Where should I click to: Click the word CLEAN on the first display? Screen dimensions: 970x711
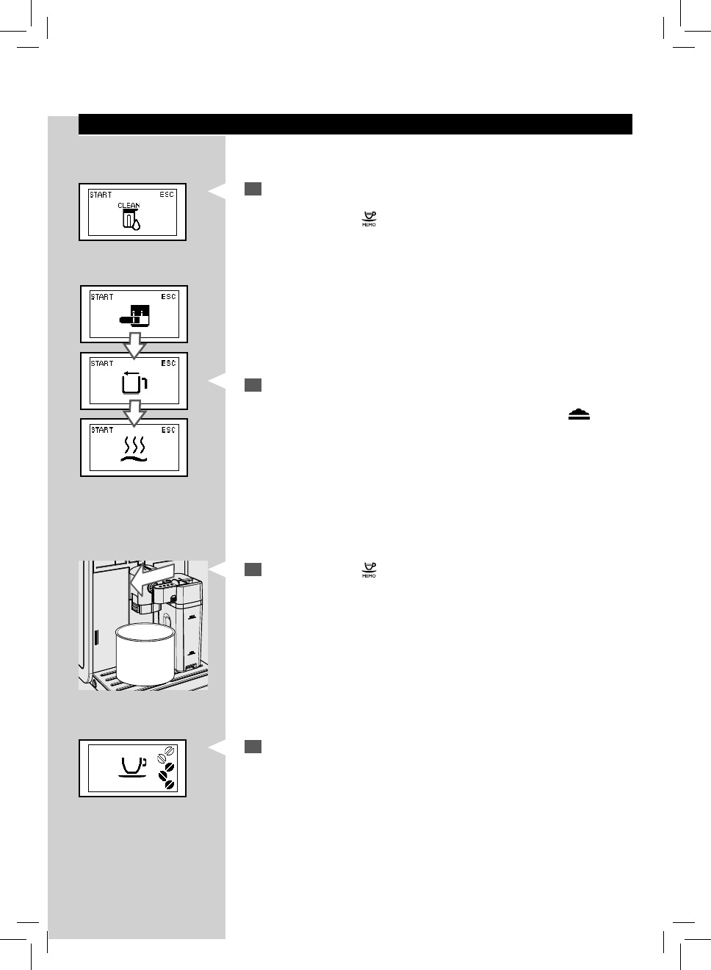[129, 206]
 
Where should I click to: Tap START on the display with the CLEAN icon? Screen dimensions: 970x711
[101, 195]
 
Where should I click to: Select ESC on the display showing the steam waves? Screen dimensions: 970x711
[168, 430]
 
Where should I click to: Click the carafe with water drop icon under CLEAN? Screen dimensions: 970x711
[131, 221]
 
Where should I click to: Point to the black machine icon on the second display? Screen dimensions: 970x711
[135, 315]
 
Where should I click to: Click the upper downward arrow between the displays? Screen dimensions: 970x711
[134, 345]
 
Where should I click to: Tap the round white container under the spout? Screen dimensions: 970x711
[145, 654]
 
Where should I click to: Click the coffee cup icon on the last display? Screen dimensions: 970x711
[133, 766]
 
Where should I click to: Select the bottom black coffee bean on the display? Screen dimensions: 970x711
[169, 784]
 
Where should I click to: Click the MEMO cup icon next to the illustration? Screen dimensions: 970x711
[369, 570]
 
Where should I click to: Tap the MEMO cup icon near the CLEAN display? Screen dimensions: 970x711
[369, 219]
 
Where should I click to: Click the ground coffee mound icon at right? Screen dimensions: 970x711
[579, 414]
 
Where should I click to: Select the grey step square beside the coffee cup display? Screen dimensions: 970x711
[253, 747]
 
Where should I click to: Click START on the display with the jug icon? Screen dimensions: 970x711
[102, 363]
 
